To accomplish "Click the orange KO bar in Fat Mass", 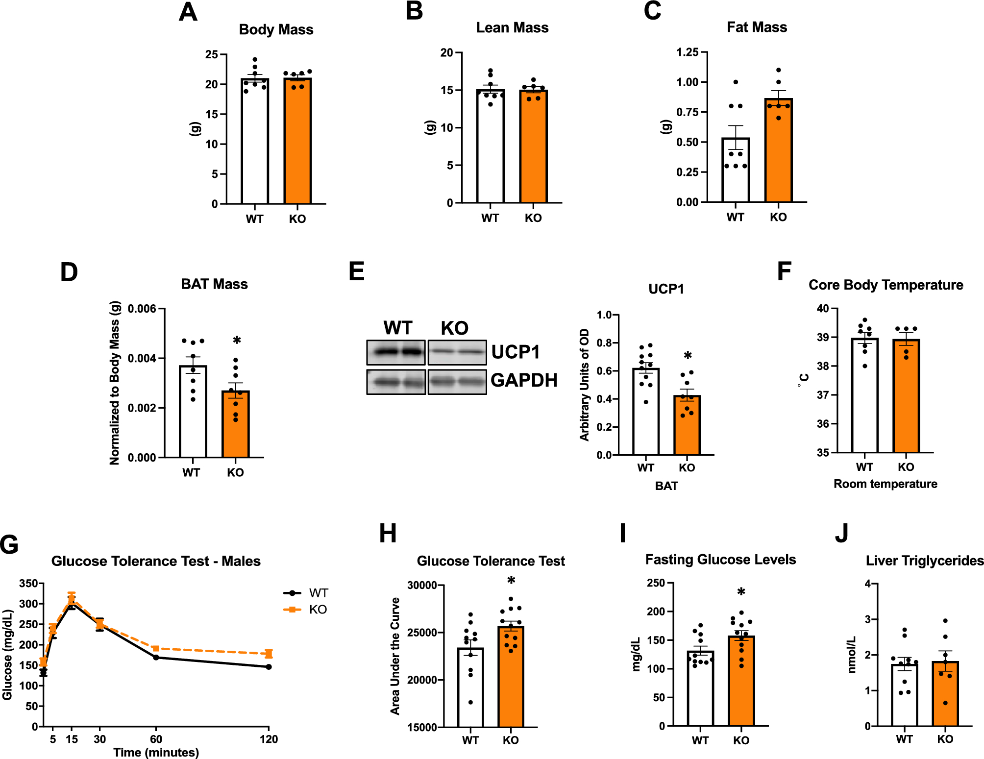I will [778, 157].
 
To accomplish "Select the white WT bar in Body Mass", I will [254, 147].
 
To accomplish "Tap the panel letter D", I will [69, 272].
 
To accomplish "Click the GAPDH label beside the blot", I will [523, 380].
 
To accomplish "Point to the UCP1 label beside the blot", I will [515, 352].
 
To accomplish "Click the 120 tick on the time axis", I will [269, 739].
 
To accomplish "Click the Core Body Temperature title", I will [886, 285].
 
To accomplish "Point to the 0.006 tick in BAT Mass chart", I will [142, 309].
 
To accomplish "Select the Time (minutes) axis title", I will [156, 752].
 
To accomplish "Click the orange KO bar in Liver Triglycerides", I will [945, 696].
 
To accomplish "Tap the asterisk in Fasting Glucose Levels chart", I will [741, 592].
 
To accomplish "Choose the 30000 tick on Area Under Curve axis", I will [422, 585].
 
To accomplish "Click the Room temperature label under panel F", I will [885, 484].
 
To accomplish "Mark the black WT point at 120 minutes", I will [269, 667].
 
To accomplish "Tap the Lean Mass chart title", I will [512, 28].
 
